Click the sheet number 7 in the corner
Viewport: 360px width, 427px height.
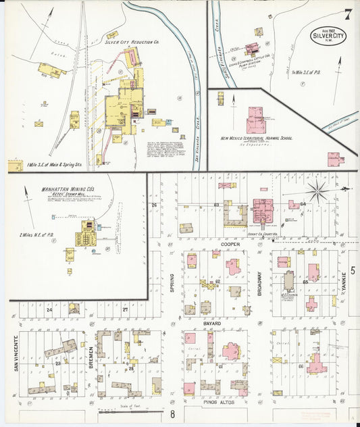tap(346, 14)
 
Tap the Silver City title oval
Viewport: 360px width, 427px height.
tap(329, 36)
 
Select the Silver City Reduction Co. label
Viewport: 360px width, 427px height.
tap(132, 42)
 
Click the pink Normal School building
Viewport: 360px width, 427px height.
tap(257, 119)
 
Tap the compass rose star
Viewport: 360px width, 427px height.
tap(317, 191)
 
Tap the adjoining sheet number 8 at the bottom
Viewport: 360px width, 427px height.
tap(173, 413)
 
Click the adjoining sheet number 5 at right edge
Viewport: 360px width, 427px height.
tap(353, 270)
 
